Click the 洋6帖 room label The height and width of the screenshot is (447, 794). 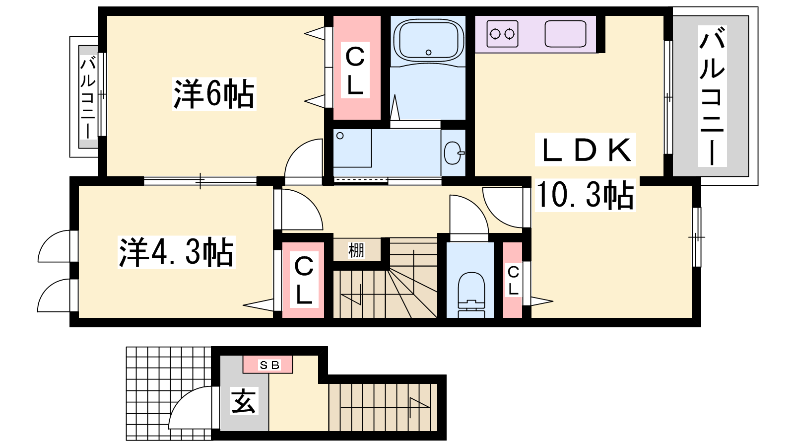[214, 94]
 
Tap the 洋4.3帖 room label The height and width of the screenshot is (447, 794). [177, 252]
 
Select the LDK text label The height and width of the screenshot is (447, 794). [585, 149]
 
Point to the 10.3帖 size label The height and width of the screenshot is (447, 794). [585, 195]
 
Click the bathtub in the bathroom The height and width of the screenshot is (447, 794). [428, 41]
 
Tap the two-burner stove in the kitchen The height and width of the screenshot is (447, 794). [502, 34]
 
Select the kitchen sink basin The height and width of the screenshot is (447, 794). [565, 34]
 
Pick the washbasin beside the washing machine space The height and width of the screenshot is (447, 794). [454, 153]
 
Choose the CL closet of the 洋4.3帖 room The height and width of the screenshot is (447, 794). [303, 280]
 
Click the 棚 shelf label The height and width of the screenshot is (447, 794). [356, 250]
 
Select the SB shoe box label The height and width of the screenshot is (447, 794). [269, 365]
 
